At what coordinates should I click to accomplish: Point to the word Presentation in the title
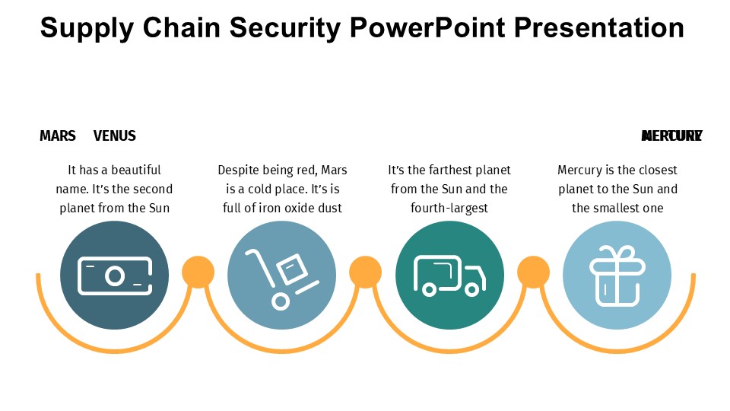point(599,28)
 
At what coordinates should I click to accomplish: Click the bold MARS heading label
point(58,136)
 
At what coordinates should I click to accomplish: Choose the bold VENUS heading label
point(115,136)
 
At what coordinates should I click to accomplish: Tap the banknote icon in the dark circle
point(114,275)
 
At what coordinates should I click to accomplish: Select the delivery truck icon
point(449,275)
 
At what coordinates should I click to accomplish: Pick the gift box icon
point(617,275)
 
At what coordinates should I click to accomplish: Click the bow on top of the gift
point(617,253)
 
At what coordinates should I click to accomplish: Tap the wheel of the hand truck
point(281,301)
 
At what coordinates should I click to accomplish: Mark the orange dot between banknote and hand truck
point(198,272)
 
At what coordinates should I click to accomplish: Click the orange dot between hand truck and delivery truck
point(365,272)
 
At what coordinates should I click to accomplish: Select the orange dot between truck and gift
point(533,272)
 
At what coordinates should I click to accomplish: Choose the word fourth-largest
point(449,208)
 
